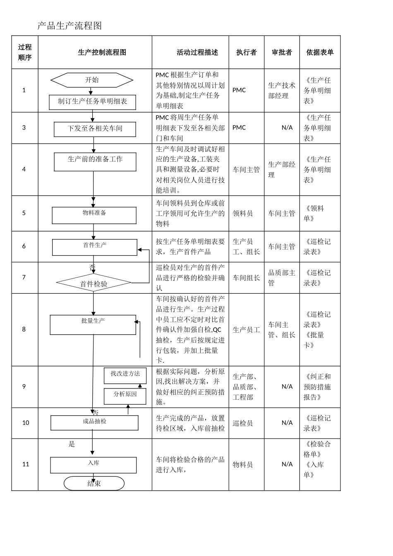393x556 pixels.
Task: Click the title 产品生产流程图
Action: (69, 26)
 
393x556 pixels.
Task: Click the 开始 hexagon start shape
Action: (92, 80)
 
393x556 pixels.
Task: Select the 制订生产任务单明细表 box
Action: (92, 102)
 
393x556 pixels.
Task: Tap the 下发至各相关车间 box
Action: (95, 129)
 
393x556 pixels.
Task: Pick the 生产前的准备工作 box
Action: (95, 162)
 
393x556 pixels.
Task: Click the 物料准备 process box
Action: (94, 215)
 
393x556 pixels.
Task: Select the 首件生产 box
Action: (94, 247)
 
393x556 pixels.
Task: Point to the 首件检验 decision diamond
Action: (93, 283)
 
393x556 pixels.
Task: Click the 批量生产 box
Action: (93, 325)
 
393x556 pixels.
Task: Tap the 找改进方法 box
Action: (125, 375)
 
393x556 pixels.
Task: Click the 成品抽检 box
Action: (94, 422)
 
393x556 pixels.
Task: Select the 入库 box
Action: (93, 465)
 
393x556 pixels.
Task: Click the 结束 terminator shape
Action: (94, 483)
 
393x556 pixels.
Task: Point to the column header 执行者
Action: (246, 53)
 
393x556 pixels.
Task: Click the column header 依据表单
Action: (320, 53)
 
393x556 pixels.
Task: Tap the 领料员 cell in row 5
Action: (243, 213)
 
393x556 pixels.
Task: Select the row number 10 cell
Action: (26, 423)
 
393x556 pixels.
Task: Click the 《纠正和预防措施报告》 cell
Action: (317, 387)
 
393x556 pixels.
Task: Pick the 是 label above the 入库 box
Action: (72, 444)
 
